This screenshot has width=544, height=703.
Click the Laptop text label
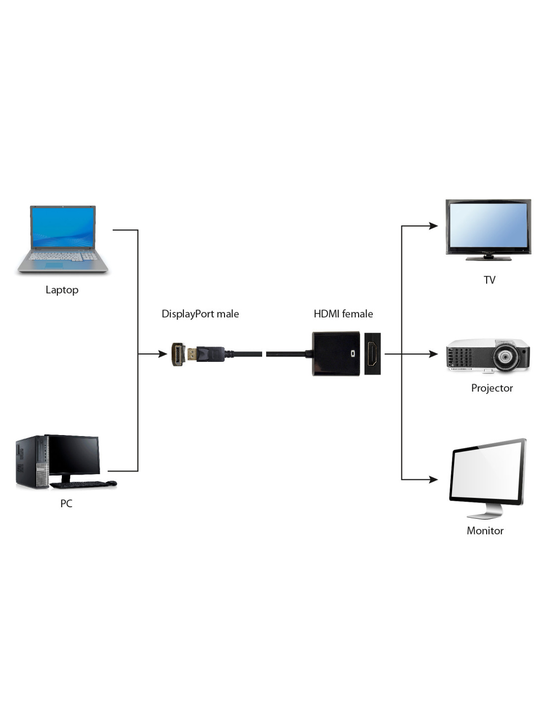coord(62,290)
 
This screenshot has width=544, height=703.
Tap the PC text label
coord(66,503)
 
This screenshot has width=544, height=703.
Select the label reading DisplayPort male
coord(200,314)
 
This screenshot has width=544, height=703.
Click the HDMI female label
coord(343,314)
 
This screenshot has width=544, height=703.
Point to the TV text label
coord(489,280)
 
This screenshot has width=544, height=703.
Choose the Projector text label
coord(492,388)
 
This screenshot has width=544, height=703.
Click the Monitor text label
coord(485,530)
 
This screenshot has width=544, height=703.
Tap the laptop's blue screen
coord(63,227)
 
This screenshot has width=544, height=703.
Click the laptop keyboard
coord(63,257)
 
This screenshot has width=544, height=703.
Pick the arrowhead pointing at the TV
coord(433,226)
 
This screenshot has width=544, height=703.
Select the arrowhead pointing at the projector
coord(433,354)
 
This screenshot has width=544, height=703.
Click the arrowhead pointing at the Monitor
coord(433,479)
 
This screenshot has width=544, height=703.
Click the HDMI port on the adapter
coord(372,354)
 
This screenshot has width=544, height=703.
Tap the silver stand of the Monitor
coord(485,512)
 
